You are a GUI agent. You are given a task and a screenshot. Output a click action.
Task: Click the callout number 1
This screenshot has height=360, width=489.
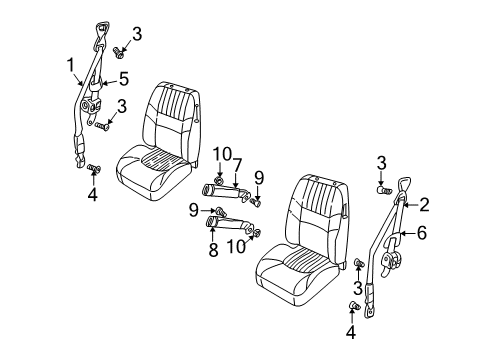click(x=71, y=67)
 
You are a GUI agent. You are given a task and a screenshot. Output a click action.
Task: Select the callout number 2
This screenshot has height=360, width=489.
click(x=423, y=206)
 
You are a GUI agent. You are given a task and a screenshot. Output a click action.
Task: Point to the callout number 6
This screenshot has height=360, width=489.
click(x=421, y=236)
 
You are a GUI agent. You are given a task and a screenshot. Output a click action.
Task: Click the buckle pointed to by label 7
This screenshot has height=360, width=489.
click(x=219, y=188)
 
